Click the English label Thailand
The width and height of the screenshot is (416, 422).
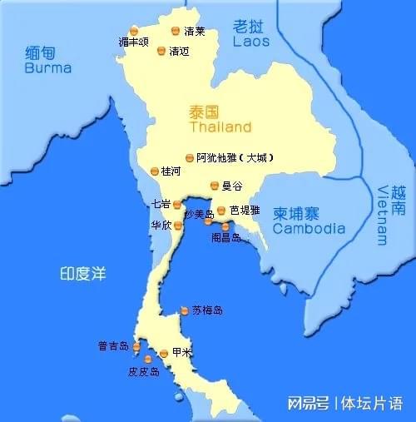[220, 127]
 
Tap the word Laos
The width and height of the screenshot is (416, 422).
[251, 40]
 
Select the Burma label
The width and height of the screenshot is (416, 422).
[48, 67]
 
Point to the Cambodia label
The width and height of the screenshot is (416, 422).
[309, 228]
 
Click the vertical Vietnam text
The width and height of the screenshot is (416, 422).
[381, 215]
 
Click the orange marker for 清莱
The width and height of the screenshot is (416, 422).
[175, 31]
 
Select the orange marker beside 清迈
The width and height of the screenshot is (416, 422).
[161, 51]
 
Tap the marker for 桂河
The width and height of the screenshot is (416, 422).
[154, 171]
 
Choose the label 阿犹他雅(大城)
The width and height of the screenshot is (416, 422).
[235, 157]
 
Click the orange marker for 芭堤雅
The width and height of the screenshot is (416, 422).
[221, 211]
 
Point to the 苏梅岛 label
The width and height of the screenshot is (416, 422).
[207, 310]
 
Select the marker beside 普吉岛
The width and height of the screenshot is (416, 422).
[136, 346]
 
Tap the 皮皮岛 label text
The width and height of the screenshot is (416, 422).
[143, 372]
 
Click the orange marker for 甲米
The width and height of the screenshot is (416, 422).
[163, 354]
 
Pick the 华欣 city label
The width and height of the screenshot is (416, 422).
[161, 225]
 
